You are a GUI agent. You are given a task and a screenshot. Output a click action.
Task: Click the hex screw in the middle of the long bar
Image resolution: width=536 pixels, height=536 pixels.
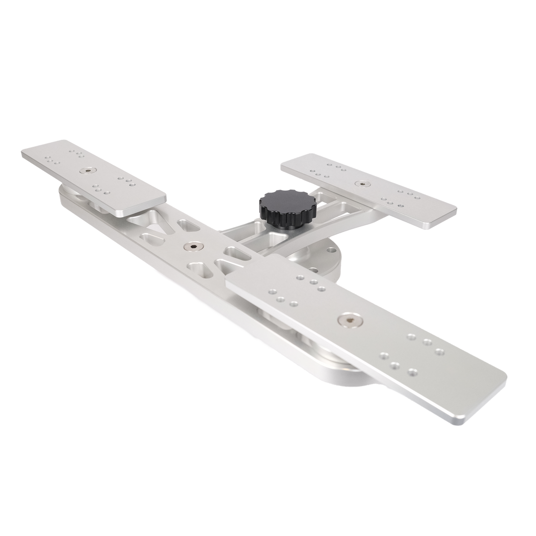click(x=193, y=247)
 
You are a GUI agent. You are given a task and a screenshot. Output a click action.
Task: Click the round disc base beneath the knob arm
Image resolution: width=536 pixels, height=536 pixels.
click(x=329, y=256)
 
